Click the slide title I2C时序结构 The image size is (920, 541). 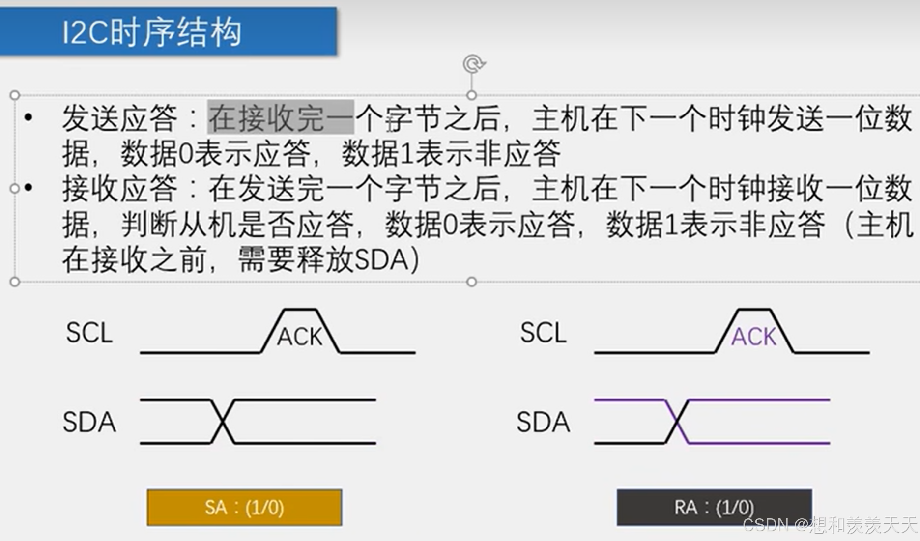(x=152, y=32)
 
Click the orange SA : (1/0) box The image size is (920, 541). (x=244, y=507)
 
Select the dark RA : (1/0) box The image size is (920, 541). (x=714, y=507)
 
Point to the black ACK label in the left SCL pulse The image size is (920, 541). (x=300, y=337)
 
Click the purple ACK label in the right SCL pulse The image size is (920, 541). (x=754, y=337)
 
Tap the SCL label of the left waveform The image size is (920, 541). (x=89, y=333)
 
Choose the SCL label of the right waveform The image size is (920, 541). (x=543, y=333)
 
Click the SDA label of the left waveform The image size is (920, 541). (x=89, y=422)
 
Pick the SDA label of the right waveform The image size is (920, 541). (x=543, y=422)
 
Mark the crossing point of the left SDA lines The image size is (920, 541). (x=223, y=422)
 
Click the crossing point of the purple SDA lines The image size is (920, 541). (x=677, y=422)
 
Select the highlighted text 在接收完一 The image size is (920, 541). (x=281, y=118)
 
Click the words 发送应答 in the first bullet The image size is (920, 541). (x=119, y=118)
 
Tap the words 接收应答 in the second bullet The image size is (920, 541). (x=119, y=189)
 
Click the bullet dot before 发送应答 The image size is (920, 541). (x=29, y=117)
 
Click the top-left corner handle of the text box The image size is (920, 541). (x=15, y=95)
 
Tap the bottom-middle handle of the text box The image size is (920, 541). (x=471, y=282)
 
